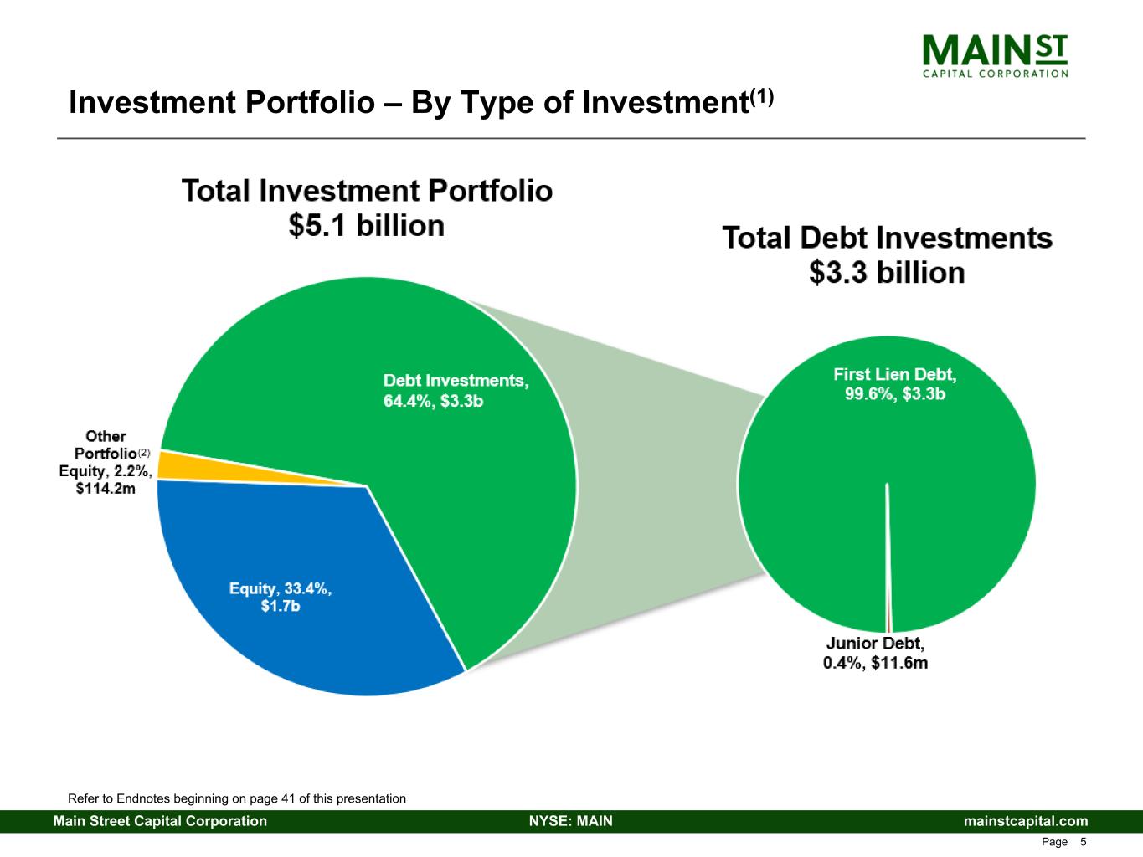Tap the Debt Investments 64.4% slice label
(456, 390)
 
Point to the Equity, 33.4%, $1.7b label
(281, 597)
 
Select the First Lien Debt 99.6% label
(894, 384)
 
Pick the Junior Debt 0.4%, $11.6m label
(876, 653)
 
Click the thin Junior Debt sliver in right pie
(888, 586)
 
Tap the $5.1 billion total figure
(366, 226)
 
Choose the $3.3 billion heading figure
(887, 273)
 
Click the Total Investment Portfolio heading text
(367, 191)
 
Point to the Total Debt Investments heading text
(887, 238)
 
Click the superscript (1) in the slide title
(762, 95)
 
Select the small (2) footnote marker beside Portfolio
(144, 452)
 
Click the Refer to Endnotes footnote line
(236, 798)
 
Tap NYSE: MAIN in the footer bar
(571, 821)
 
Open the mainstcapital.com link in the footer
(1026, 821)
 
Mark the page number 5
(1084, 842)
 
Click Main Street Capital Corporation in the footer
(160, 821)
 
